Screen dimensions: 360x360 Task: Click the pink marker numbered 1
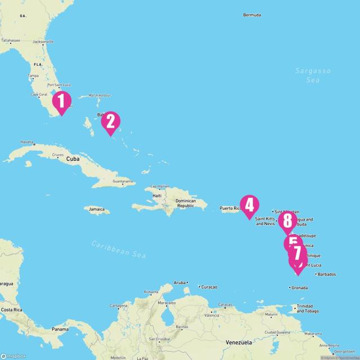click(61, 102)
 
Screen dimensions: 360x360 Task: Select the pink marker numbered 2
click(110, 121)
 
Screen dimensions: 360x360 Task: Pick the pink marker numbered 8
click(287, 220)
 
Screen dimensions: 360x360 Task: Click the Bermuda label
click(252, 15)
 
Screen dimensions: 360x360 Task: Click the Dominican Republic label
click(186, 204)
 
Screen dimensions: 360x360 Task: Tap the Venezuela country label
click(240, 343)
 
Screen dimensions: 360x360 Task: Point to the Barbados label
click(327, 274)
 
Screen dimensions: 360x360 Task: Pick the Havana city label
click(27, 142)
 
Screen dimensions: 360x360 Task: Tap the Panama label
click(60, 328)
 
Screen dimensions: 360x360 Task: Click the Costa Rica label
click(12, 310)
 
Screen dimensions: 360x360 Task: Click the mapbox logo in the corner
click(13, 355)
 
